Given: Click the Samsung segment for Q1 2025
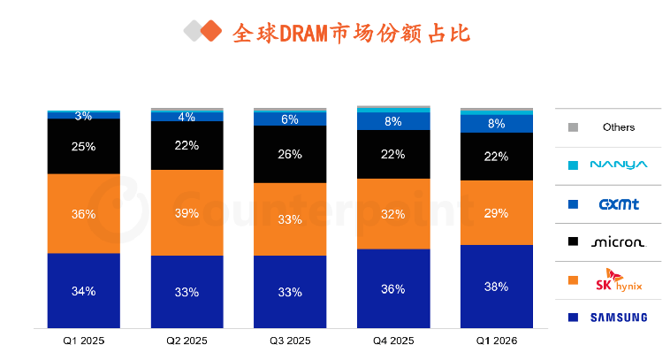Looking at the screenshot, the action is click(84, 291).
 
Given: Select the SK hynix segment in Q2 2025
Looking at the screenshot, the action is click(187, 213).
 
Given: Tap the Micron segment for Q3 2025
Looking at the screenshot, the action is click(290, 154).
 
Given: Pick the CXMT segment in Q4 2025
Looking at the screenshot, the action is click(393, 121).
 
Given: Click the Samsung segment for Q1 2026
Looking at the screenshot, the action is click(497, 287).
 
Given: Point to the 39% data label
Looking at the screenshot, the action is click(187, 213).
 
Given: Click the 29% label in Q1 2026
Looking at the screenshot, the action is click(496, 213).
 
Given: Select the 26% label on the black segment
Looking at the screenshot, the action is click(290, 154).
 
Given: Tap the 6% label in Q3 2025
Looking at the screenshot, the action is click(290, 119).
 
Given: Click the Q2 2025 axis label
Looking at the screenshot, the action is click(187, 341).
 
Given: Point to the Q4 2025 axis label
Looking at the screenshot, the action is click(393, 341).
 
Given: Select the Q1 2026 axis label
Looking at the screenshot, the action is click(497, 341).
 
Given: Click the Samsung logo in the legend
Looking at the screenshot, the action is click(619, 318).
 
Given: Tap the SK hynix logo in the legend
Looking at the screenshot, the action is click(619, 280).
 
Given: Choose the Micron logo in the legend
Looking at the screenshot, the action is click(619, 242).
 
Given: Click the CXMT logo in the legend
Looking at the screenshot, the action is click(619, 204).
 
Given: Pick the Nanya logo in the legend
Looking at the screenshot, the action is click(619, 165).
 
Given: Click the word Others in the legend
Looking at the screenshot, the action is click(619, 127).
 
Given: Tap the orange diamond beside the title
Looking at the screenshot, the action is click(211, 31).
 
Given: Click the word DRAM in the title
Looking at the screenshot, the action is click(304, 34).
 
